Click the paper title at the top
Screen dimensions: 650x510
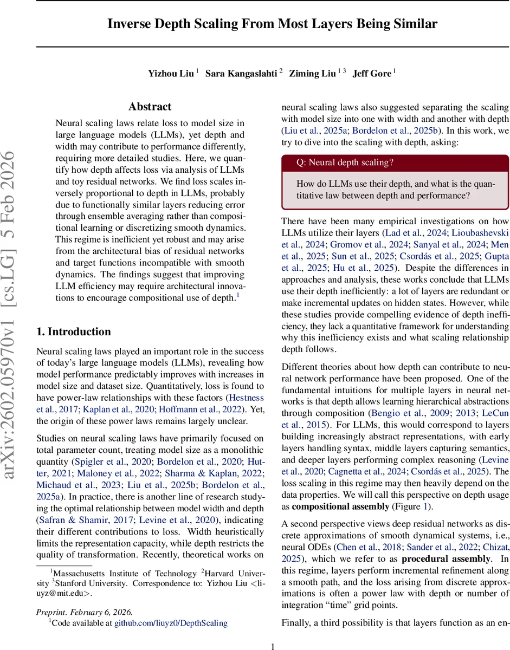[x=272, y=24]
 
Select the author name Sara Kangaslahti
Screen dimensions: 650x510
[x=241, y=73]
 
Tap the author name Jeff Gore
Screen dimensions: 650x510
[x=372, y=73]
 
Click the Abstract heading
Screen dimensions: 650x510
[x=150, y=107]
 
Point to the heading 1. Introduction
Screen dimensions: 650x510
[x=73, y=331]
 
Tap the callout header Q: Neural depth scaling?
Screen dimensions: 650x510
[x=345, y=162]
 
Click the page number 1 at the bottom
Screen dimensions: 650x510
[x=273, y=645]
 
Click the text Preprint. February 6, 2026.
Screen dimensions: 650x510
[x=84, y=612]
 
